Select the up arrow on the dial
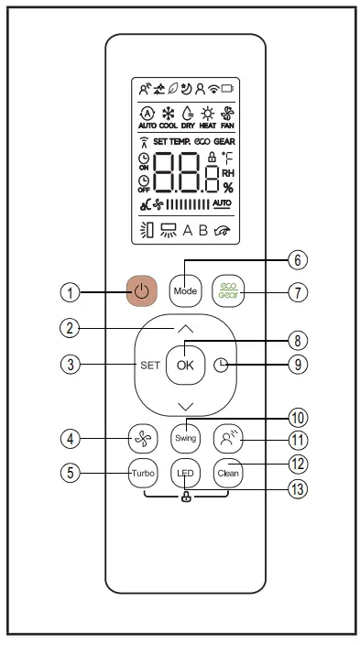point(186,328)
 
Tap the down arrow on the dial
point(186,405)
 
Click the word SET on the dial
point(150,365)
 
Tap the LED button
point(186,473)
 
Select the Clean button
point(226,473)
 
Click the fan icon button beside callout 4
point(144,439)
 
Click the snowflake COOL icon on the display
point(168,115)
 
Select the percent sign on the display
point(228,188)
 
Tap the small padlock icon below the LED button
point(186,497)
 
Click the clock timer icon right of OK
point(219,365)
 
